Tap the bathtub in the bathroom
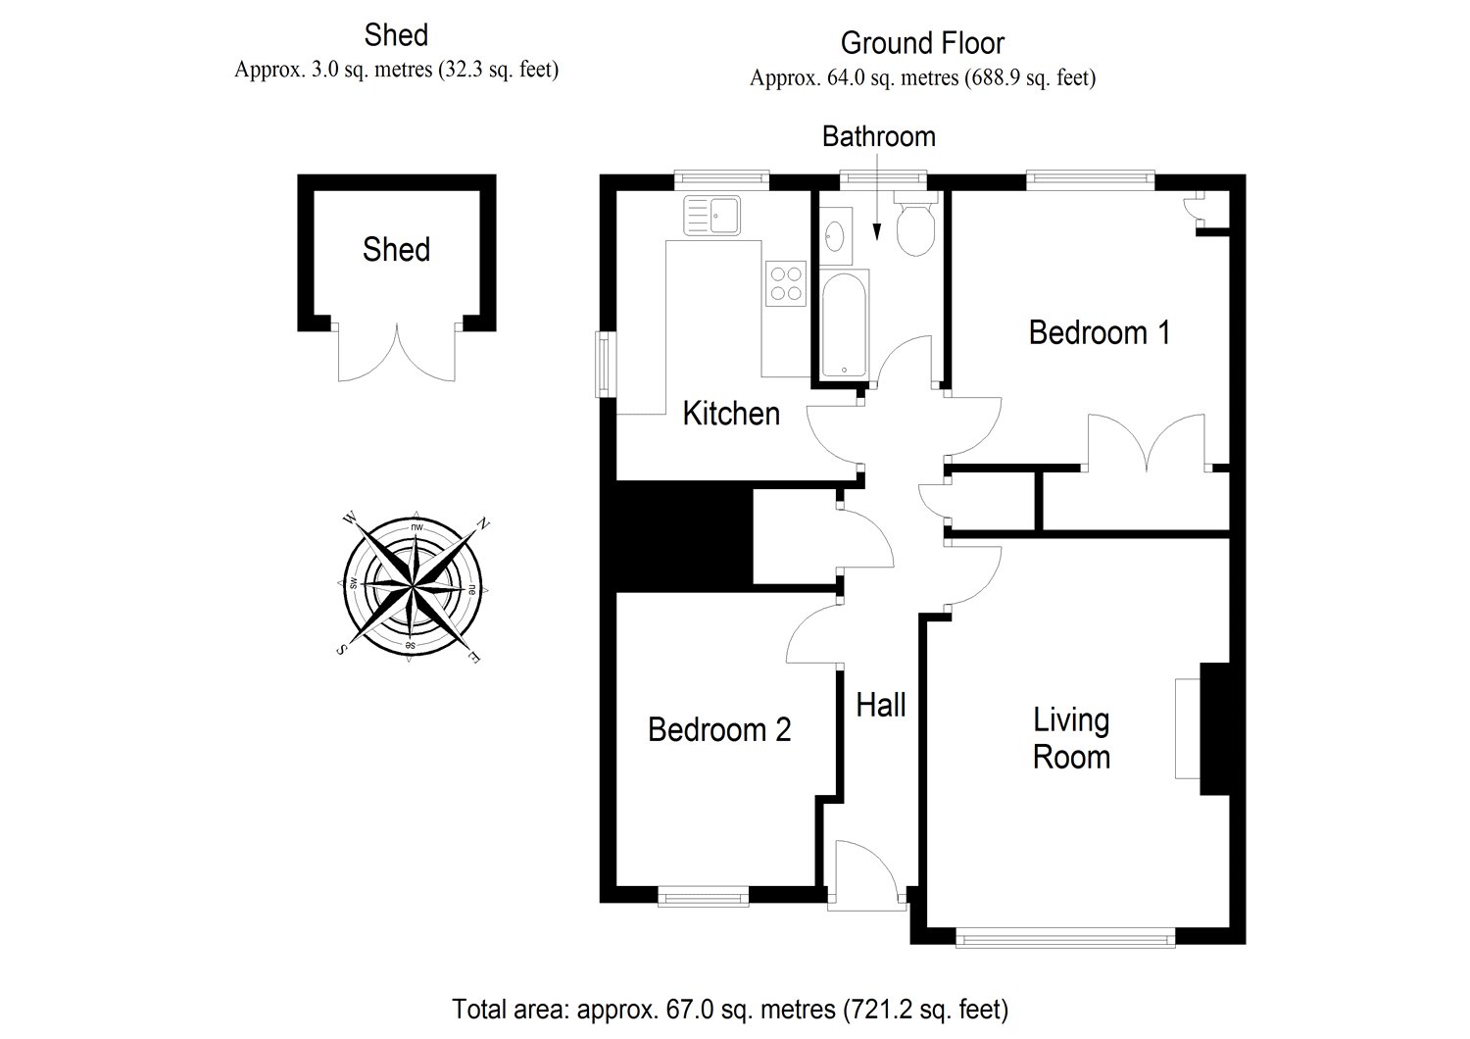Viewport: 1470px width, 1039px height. point(845,324)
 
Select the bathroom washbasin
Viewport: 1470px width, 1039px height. point(835,236)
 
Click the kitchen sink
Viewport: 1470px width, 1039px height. point(712,215)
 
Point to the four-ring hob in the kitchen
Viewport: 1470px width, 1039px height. point(786,283)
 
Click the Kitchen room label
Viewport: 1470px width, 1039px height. point(731,414)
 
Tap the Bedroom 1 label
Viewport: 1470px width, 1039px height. point(1100,332)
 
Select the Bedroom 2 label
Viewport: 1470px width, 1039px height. point(719,729)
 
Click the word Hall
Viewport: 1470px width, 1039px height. point(881,705)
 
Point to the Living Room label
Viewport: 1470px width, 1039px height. point(1071,738)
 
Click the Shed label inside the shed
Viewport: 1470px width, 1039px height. point(396,249)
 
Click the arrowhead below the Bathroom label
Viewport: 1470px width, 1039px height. point(877,231)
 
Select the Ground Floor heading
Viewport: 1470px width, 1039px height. point(922,43)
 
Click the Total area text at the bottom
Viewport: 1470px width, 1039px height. point(730,1010)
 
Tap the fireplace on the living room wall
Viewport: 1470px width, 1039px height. point(1201,728)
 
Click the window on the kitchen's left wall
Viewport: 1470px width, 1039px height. point(606,365)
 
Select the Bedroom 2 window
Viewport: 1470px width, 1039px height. point(703,896)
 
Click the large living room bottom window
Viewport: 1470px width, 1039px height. point(1065,937)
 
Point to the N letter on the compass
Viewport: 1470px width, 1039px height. point(483,523)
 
